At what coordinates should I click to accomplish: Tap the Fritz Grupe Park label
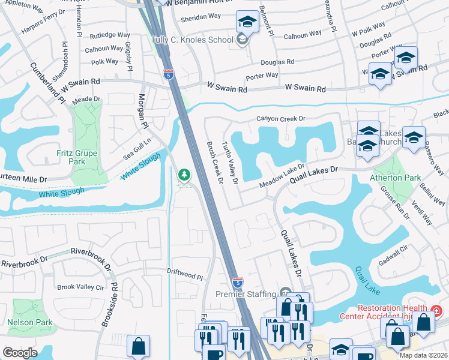coord(77,157)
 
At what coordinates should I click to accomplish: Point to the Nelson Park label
coord(30,322)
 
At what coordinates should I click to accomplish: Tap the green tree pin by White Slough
coord(184,175)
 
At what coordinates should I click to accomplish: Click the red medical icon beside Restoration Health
coord(436,312)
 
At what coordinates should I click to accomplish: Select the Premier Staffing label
coord(247,294)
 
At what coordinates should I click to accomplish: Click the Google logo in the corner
coord(20,353)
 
